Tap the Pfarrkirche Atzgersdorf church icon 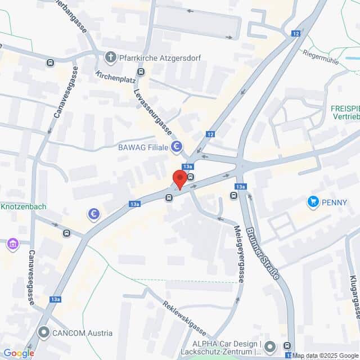110,57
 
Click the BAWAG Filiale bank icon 177,147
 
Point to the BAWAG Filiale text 143,147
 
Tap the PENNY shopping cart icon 313,201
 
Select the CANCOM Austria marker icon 44,332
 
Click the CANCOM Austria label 82,333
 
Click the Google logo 18,353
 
